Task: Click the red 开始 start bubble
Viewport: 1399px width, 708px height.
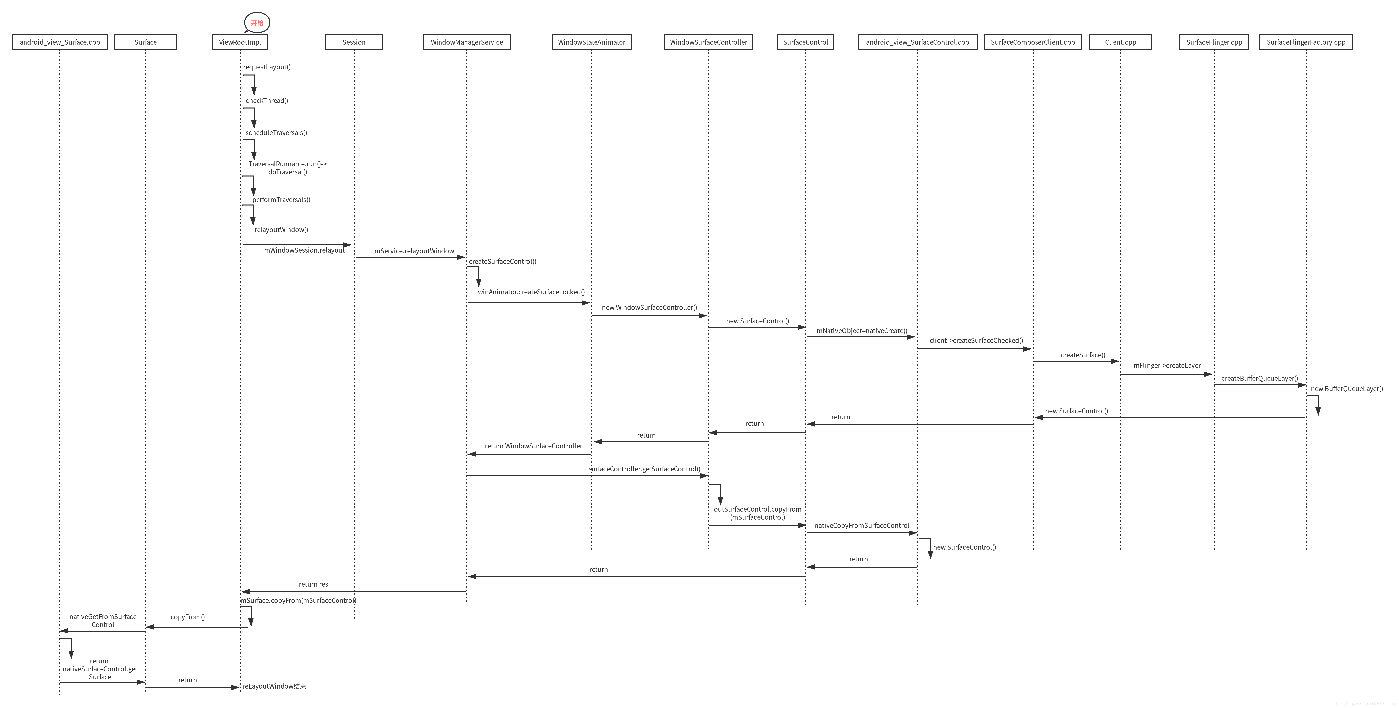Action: (x=257, y=23)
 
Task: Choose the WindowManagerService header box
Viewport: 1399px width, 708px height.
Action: (x=466, y=42)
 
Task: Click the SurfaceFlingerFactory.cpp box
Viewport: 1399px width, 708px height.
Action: (x=1306, y=42)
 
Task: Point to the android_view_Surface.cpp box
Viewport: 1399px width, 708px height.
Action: (x=60, y=42)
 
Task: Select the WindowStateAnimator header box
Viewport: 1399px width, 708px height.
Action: (x=592, y=42)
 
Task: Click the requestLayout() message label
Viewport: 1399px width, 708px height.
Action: (x=267, y=67)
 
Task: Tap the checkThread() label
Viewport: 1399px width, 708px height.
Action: (x=267, y=101)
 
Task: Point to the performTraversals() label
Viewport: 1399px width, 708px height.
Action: (x=281, y=199)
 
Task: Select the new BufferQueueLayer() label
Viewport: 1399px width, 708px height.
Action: (x=1346, y=389)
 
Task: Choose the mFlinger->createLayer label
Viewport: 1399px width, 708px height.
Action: (x=1166, y=365)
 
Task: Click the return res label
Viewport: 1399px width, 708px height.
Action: (x=313, y=584)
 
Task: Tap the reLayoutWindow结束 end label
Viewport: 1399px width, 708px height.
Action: (x=274, y=686)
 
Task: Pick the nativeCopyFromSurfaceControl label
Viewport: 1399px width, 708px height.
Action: (x=861, y=525)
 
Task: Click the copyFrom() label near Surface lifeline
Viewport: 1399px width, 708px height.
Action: (x=187, y=617)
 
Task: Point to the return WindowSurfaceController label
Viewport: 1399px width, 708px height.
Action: (x=533, y=446)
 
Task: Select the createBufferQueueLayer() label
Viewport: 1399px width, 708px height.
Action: (x=1259, y=379)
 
